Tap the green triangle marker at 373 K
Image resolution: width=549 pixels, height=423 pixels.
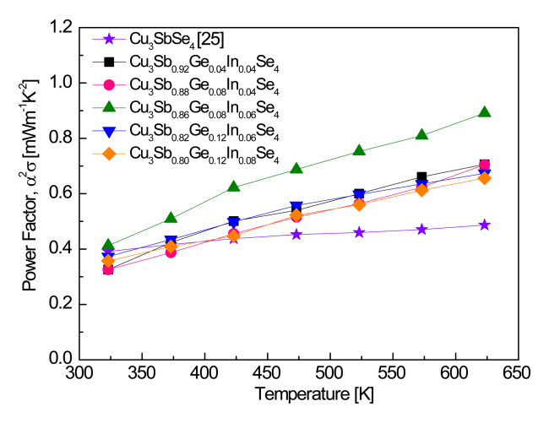[x=171, y=219]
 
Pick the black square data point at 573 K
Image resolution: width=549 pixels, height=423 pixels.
[x=421, y=177]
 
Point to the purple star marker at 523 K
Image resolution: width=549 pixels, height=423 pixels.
[x=359, y=232]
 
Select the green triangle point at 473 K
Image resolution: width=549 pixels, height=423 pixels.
[x=296, y=168]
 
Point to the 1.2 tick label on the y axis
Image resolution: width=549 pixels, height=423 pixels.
[x=61, y=28]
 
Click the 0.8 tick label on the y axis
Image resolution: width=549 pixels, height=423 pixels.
[x=61, y=138]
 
